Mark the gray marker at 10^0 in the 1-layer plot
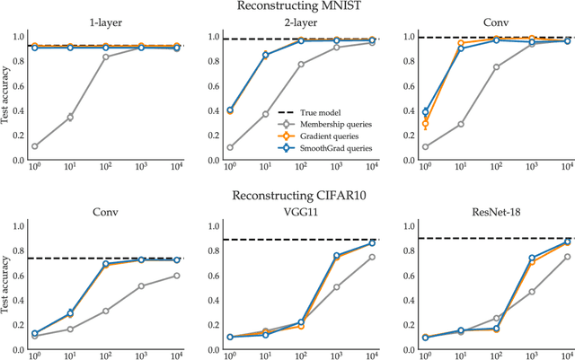(35, 146)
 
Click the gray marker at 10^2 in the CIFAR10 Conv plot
(107, 311)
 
